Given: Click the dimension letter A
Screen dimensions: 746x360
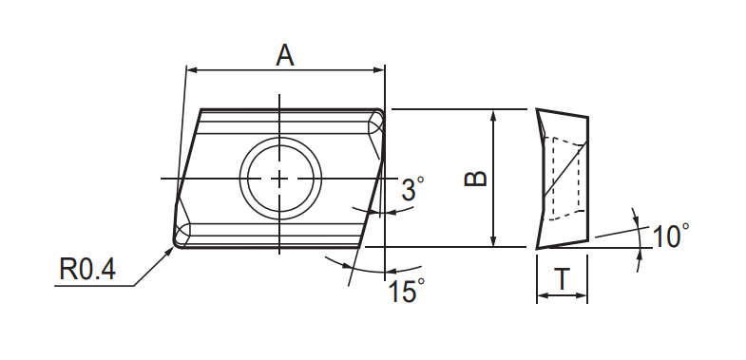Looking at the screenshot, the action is tap(284, 55).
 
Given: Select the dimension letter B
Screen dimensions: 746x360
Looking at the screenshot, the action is tap(475, 179).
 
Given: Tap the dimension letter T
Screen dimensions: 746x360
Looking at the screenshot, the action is tap(563, 279).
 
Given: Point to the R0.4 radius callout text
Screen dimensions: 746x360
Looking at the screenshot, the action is tap(87, 269).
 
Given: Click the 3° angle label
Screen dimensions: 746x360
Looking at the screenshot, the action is tap(412, 188).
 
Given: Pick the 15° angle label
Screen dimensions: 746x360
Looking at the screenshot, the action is tap(407, 291).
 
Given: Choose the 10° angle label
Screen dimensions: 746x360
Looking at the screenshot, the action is tap(670, 236).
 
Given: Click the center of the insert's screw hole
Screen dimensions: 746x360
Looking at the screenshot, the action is tap(279, 179).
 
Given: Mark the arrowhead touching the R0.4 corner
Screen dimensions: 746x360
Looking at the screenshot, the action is tap(169, 252).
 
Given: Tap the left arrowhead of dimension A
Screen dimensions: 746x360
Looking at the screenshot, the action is tap(192, 70).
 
